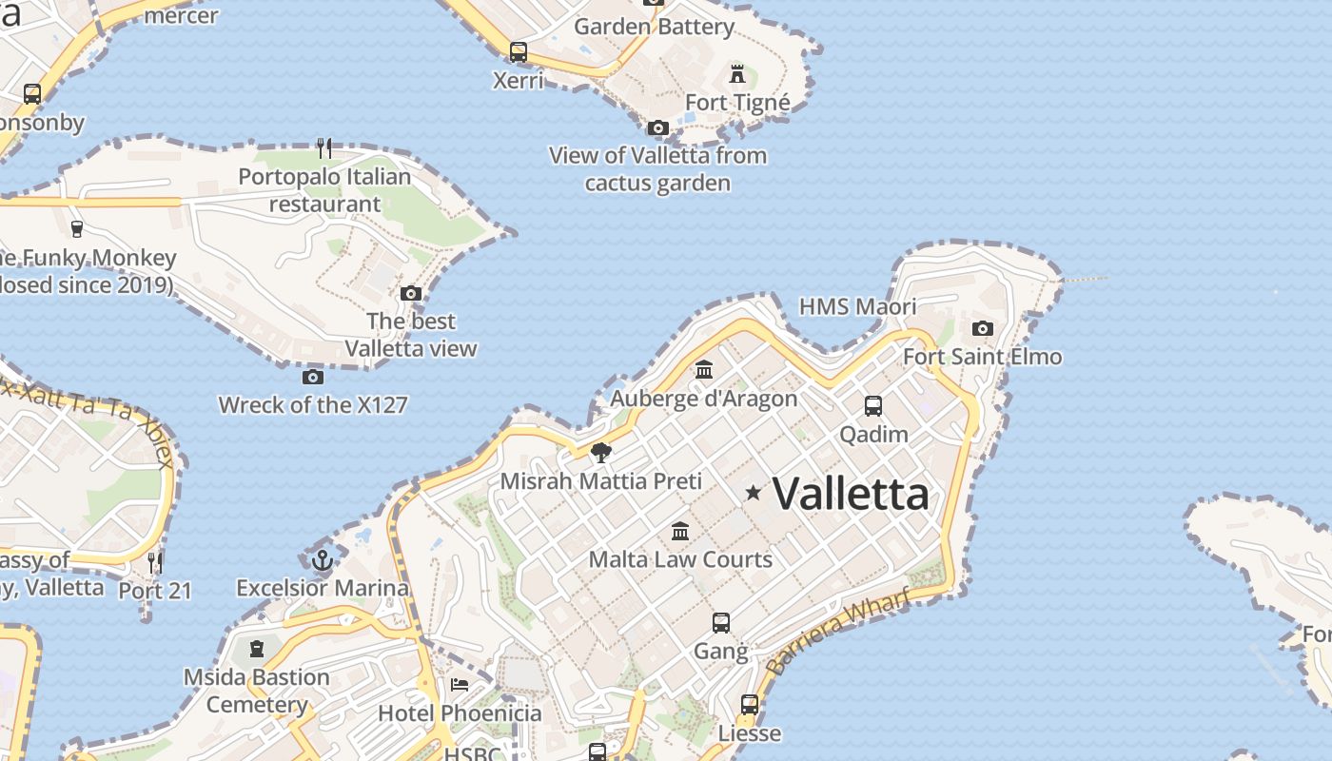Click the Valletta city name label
click(x=850, y=494)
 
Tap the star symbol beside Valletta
click(x=754, y=493)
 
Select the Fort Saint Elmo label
click(x=982, y=357)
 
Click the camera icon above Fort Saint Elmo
click(x=983, y=329)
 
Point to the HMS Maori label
click(x=857, y=306)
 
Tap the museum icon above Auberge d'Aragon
click(x=704, y=369)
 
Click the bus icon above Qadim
click(x=873, y=406)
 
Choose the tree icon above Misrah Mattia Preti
click(x=600, y=453)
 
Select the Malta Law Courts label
click(x=680, y=558)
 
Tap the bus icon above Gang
click(x=721, y=623)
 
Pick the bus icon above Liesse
click(x=750, y=705)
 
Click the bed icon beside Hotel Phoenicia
click(x=460, y=684)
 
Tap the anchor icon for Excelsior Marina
click(x=323, y=559)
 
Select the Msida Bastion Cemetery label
click(x=257, y=691)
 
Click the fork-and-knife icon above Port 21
click(x=155, y=562)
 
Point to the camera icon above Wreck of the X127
click(x=313, y=377)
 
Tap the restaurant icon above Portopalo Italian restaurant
click(x=325, y=147)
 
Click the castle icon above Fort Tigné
click(x=737, y=73)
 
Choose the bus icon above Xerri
click(x=519, y=52)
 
